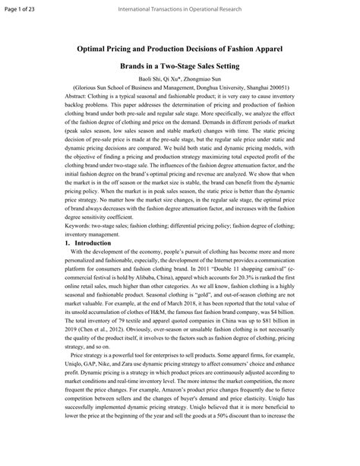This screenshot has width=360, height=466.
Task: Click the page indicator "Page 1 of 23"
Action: (22, 8)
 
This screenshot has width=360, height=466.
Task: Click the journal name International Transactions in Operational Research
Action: (179, 8)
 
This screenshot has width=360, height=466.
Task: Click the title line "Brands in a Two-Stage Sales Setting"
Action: (179, 66)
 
